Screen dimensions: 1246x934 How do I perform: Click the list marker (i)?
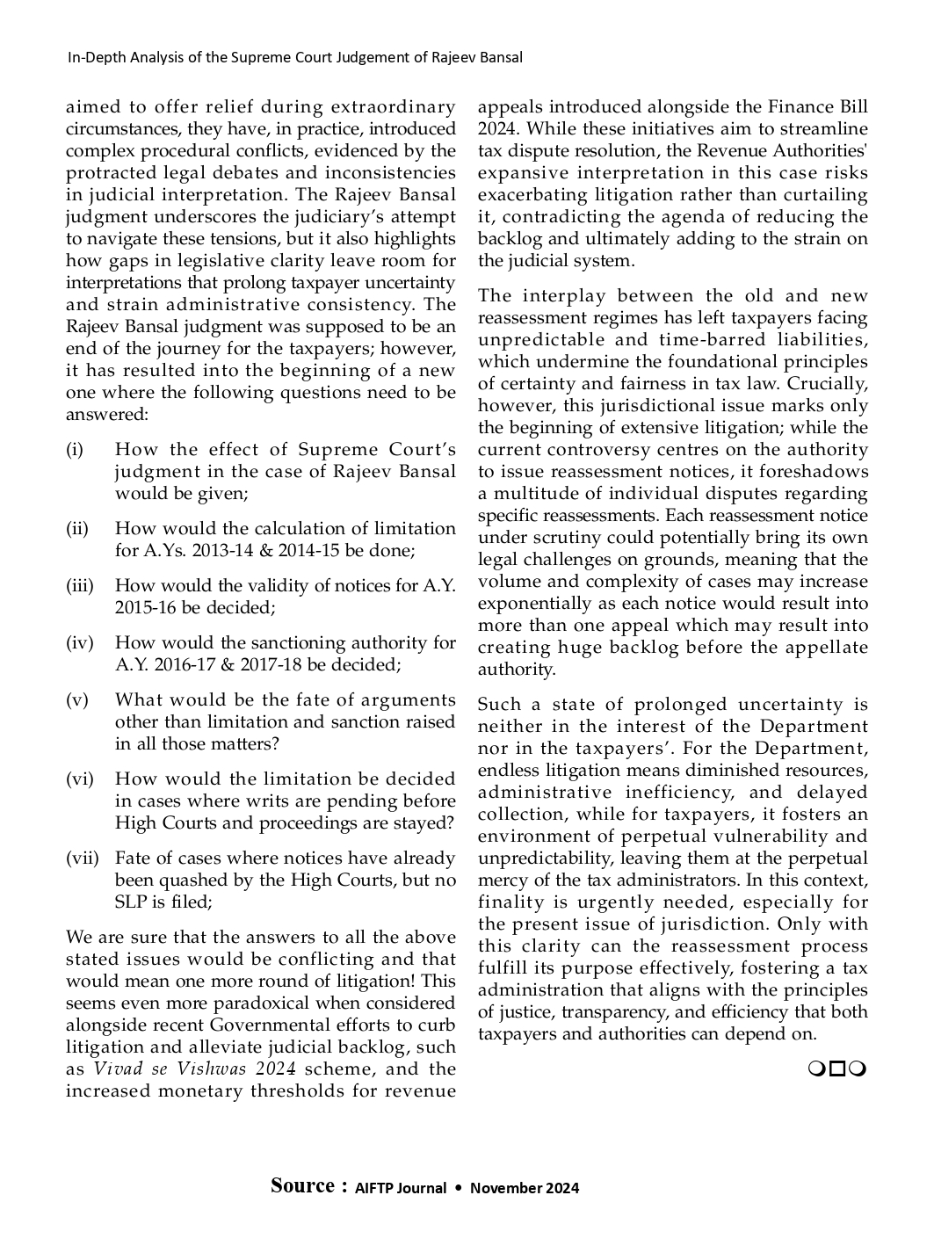pyautogui.click(x=75, y=450)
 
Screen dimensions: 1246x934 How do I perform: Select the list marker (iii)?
pyautogui.click(x=79, y=586)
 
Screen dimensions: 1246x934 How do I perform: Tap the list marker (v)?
pyautogui.click(x=76, y=700)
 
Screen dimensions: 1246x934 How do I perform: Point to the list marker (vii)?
pyautogui.click(x=83, y=858)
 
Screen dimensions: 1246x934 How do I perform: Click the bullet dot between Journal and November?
pyautogui.click(x=458, y=1188)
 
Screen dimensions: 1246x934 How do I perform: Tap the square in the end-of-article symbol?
pyautogui.click(x=837, y=1069)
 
